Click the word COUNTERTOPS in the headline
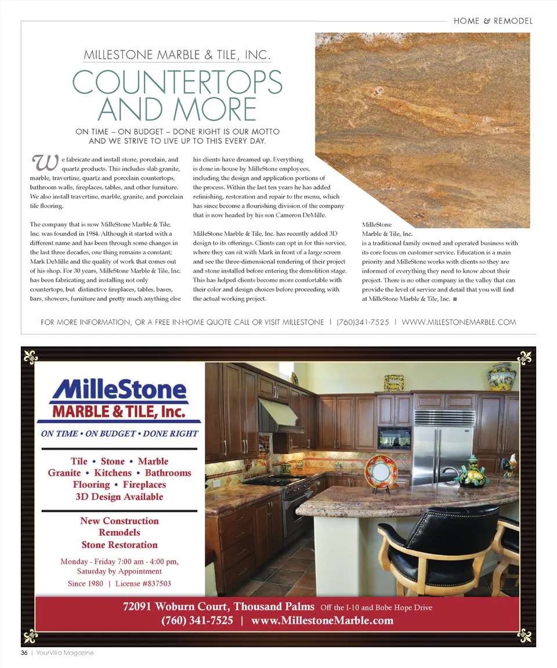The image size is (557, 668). tap(178, 83)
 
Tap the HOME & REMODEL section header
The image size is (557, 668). tap(493, 21)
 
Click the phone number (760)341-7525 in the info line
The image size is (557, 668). tap(363, 322)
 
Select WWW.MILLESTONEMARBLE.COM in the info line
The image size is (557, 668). tap(458, 322)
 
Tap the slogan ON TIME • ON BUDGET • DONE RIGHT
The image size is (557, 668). tap(119, 434)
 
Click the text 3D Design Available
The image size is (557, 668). tap(119, 497)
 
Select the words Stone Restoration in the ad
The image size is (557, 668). tap(119, 545)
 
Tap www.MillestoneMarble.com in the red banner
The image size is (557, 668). tap(323, 621)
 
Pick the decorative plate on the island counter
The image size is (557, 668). tap(381, 471)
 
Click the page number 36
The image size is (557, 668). tap(24, 653)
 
